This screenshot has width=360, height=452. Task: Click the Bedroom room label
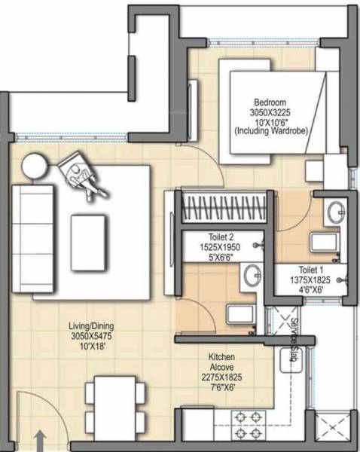(x=268, y=102)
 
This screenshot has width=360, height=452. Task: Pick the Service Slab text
(x=296, y=335)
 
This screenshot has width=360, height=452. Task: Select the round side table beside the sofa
(x=35, y=165)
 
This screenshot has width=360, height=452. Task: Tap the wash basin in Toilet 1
(x=334, y=210)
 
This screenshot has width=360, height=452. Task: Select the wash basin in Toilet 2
(x=251, y=276)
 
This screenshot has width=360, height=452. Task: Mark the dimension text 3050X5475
(x=91, y=335)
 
